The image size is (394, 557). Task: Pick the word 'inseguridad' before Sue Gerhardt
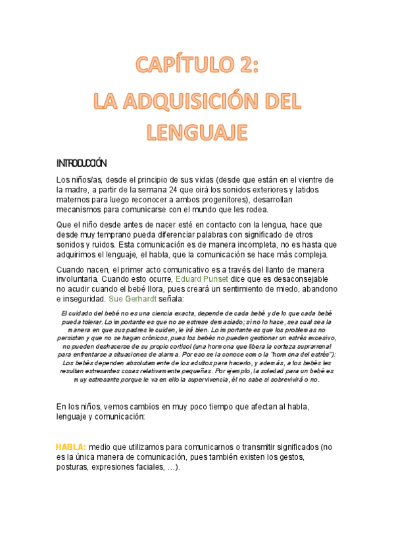[81, 299]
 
